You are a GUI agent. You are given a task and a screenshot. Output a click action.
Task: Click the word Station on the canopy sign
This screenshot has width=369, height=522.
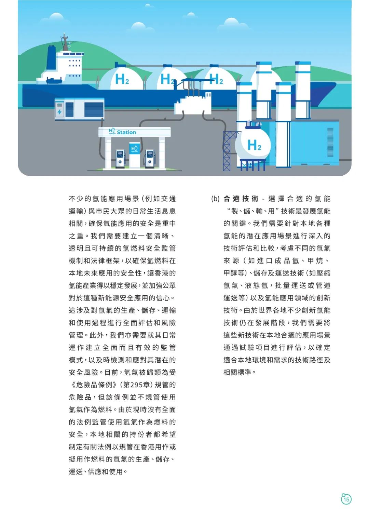[x=126, y=132]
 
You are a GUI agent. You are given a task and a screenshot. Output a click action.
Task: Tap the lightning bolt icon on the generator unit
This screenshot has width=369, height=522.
[x=60, y=112]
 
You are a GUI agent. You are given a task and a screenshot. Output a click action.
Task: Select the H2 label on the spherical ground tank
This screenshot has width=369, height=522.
[x=254, y=145]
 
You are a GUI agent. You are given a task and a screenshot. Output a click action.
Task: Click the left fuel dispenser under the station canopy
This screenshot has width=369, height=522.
[x=120, y=159]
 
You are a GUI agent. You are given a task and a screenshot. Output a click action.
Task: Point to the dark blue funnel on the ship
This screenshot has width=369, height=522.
[x=52, y=57]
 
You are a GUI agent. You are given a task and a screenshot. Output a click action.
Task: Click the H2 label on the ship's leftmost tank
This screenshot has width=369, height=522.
[x=122, y=79]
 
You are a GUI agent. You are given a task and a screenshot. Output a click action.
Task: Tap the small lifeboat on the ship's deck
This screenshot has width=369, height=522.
[x=54, y=81]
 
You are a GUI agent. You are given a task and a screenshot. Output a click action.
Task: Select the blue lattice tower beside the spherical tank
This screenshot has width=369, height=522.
[x=229, y=151]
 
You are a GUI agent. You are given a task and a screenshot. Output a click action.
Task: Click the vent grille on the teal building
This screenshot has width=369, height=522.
[x=330, y=142]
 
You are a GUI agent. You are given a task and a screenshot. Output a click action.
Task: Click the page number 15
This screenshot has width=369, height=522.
[x=346, y=499]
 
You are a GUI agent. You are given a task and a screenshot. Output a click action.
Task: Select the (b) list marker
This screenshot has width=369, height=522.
[x=216, y=199]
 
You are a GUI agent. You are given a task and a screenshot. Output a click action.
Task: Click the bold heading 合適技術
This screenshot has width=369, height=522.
[x=241, y=199]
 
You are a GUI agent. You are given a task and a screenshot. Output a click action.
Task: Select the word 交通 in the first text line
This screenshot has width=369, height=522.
[x=168, y=199]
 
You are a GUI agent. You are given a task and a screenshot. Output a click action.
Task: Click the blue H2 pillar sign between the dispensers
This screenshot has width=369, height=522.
[x=135, y=155]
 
